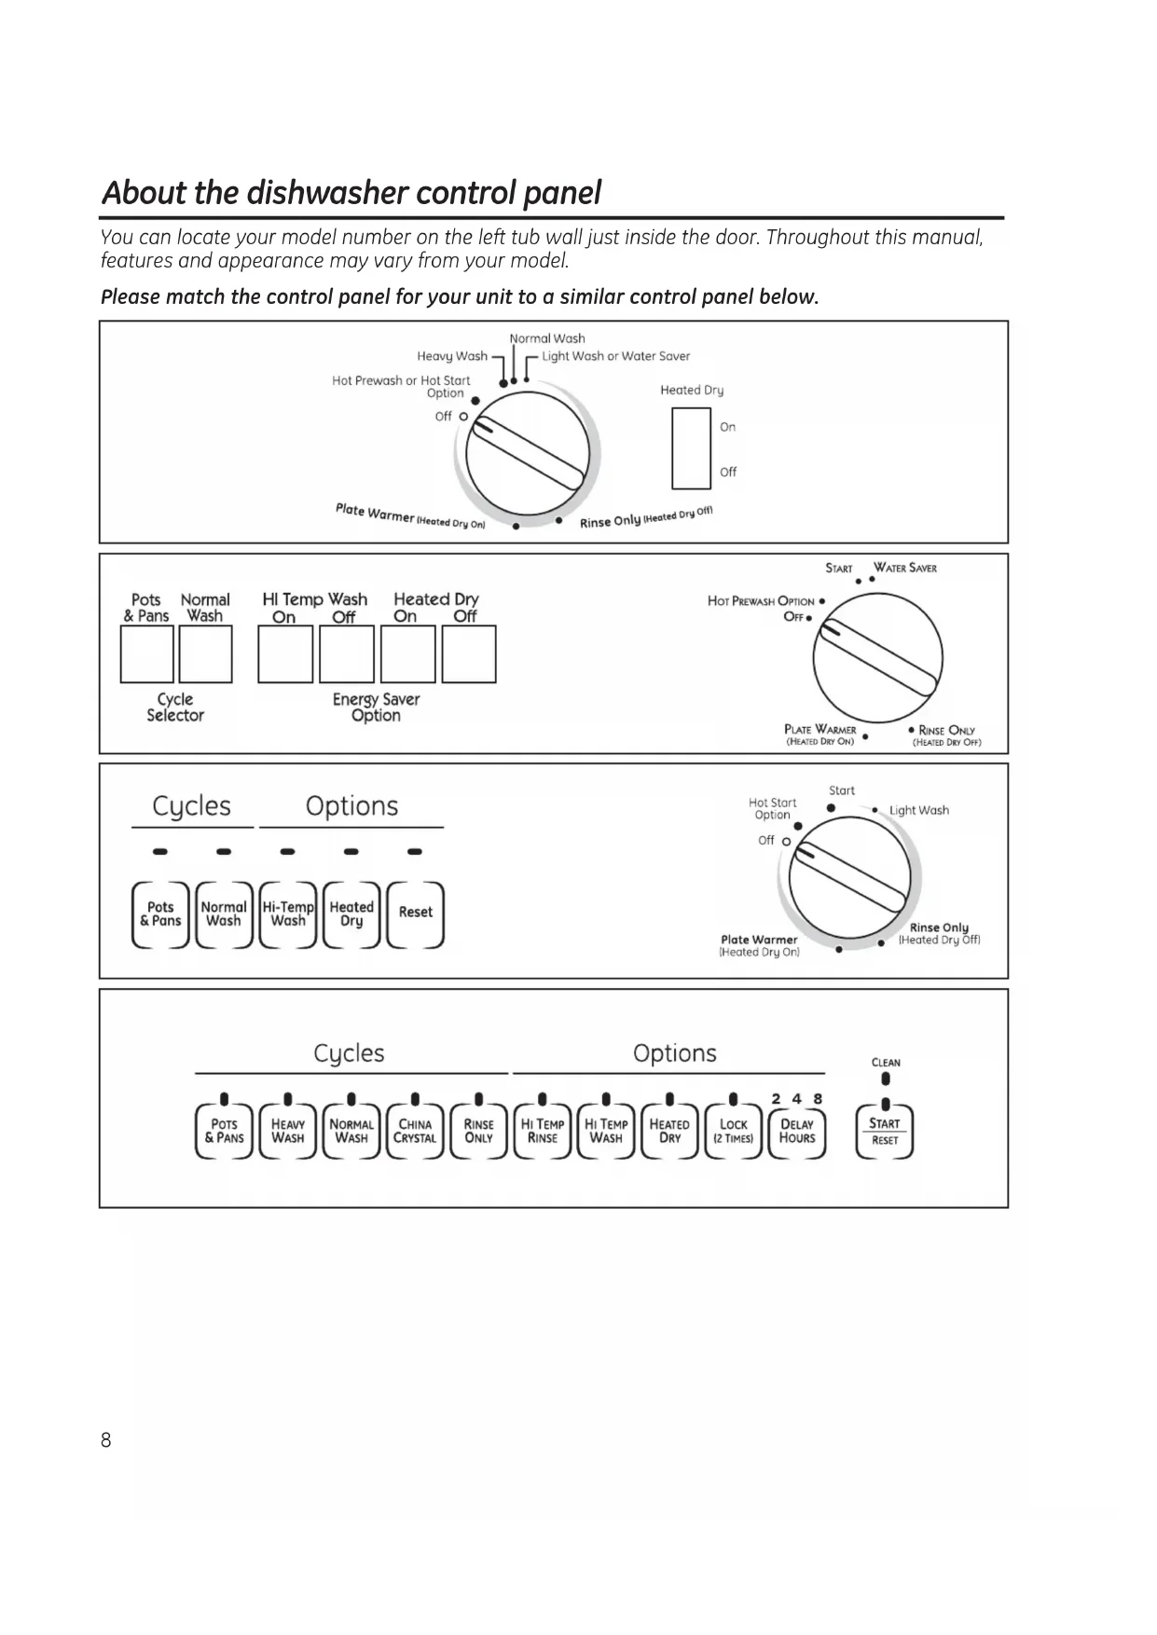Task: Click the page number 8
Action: tap(105, 1440)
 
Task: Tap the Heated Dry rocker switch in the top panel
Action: tap(691, 448)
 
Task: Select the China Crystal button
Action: tap(415, 1132)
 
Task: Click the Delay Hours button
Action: tap(797, 1132)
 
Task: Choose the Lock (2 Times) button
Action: tap(734, 1132)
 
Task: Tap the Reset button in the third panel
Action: tap(416, 914)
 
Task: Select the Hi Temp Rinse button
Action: tap(543, 1132)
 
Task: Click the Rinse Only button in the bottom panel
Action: tap(478, 1132)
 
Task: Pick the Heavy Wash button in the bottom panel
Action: tap(288, 1132)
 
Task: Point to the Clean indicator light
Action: tap(885, 1079)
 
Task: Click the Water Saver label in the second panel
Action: tap(905, 568)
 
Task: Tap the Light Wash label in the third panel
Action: tap(919, 810)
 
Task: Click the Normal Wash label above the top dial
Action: tap(547, 338)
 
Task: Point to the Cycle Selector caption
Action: tap(175, 708)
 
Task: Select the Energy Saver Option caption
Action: tap(376, 708)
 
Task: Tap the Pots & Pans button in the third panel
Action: tap(160, 914)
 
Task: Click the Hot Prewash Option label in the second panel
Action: tap(761, 601)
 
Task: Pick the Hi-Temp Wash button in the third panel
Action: tap(288, 914)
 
